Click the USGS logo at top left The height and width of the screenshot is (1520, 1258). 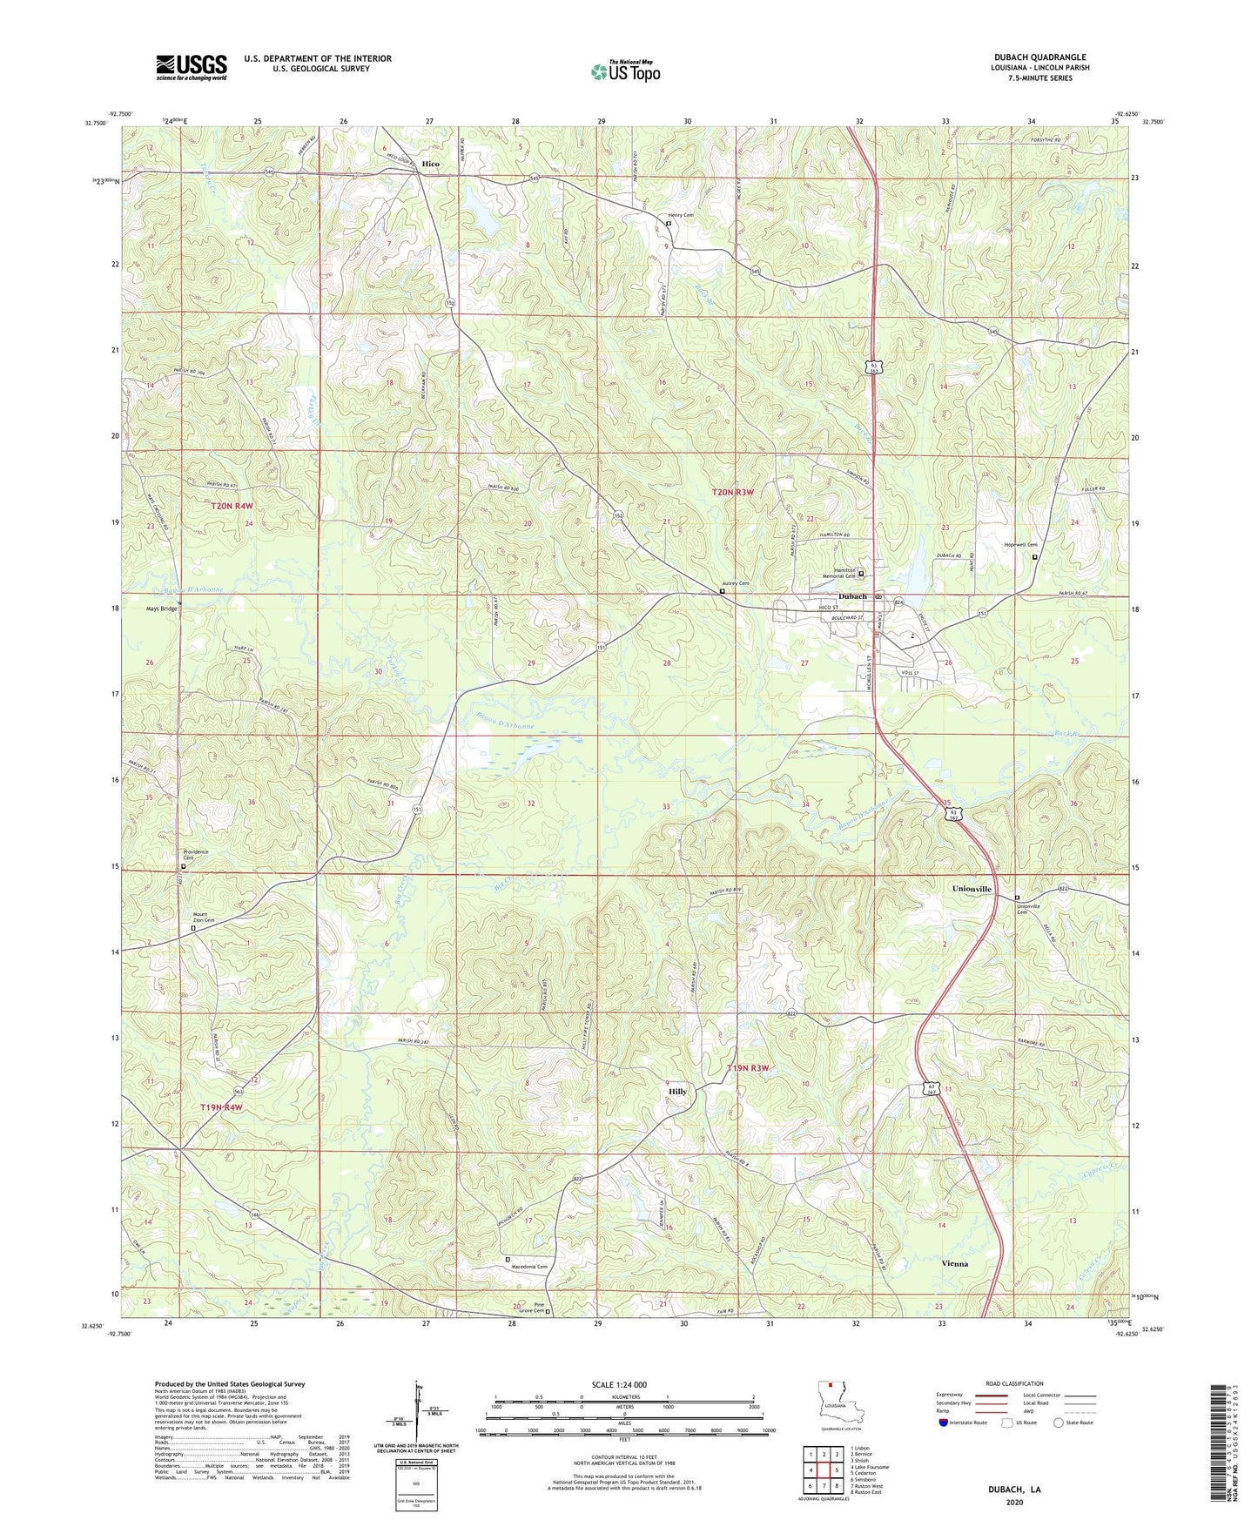(x=192, y=67)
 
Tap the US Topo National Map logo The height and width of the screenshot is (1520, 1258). (x=624, y=71)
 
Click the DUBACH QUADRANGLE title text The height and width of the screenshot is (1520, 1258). (x=1039, y=57)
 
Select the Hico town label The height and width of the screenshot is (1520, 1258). (x=430, y=164)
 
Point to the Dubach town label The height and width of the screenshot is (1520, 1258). (x=852, y=596)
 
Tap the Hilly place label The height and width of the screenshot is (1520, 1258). (x=677, y=1091)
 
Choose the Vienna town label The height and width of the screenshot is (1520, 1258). (x=954, y=1263)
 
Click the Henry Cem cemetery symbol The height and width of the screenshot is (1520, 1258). (x=669, y=224)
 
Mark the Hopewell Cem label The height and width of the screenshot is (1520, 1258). (x=1020, y=545)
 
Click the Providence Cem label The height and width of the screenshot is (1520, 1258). (x=196, y=855)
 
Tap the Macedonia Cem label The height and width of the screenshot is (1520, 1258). (x=529, y=1267)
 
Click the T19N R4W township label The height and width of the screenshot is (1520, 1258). (x=220, y=1107)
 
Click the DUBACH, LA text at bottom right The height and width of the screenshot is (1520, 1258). (x=1014, y=1490)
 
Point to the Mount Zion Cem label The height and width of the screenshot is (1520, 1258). (x=203, y=917)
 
